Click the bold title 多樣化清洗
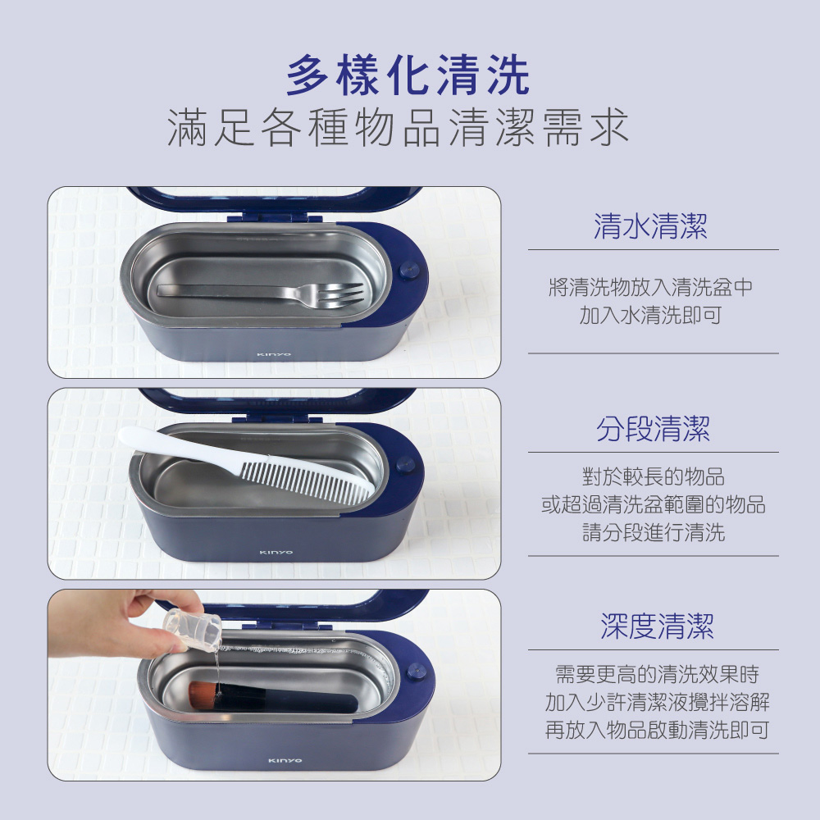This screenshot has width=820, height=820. pos(408,76)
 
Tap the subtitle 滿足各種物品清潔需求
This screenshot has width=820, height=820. pos(398,127)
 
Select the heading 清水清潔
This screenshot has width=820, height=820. pos(650,226)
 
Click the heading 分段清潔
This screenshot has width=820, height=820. pos(654,430)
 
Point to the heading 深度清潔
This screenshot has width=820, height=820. pos(657,626)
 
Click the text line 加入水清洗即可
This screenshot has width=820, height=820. pos(650,315)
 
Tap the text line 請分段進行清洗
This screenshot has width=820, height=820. pos(654,532)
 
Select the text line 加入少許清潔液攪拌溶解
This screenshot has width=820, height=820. pos(658,703)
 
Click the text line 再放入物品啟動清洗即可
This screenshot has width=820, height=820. pos(657,730)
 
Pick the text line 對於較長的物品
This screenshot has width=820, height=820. pos(654,476)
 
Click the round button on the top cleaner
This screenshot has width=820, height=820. pos(408,271)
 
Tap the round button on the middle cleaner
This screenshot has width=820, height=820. pos(405,464)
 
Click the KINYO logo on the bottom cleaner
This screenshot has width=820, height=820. pos(285,760)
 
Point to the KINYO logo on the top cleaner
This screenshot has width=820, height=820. pos(274,354)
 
